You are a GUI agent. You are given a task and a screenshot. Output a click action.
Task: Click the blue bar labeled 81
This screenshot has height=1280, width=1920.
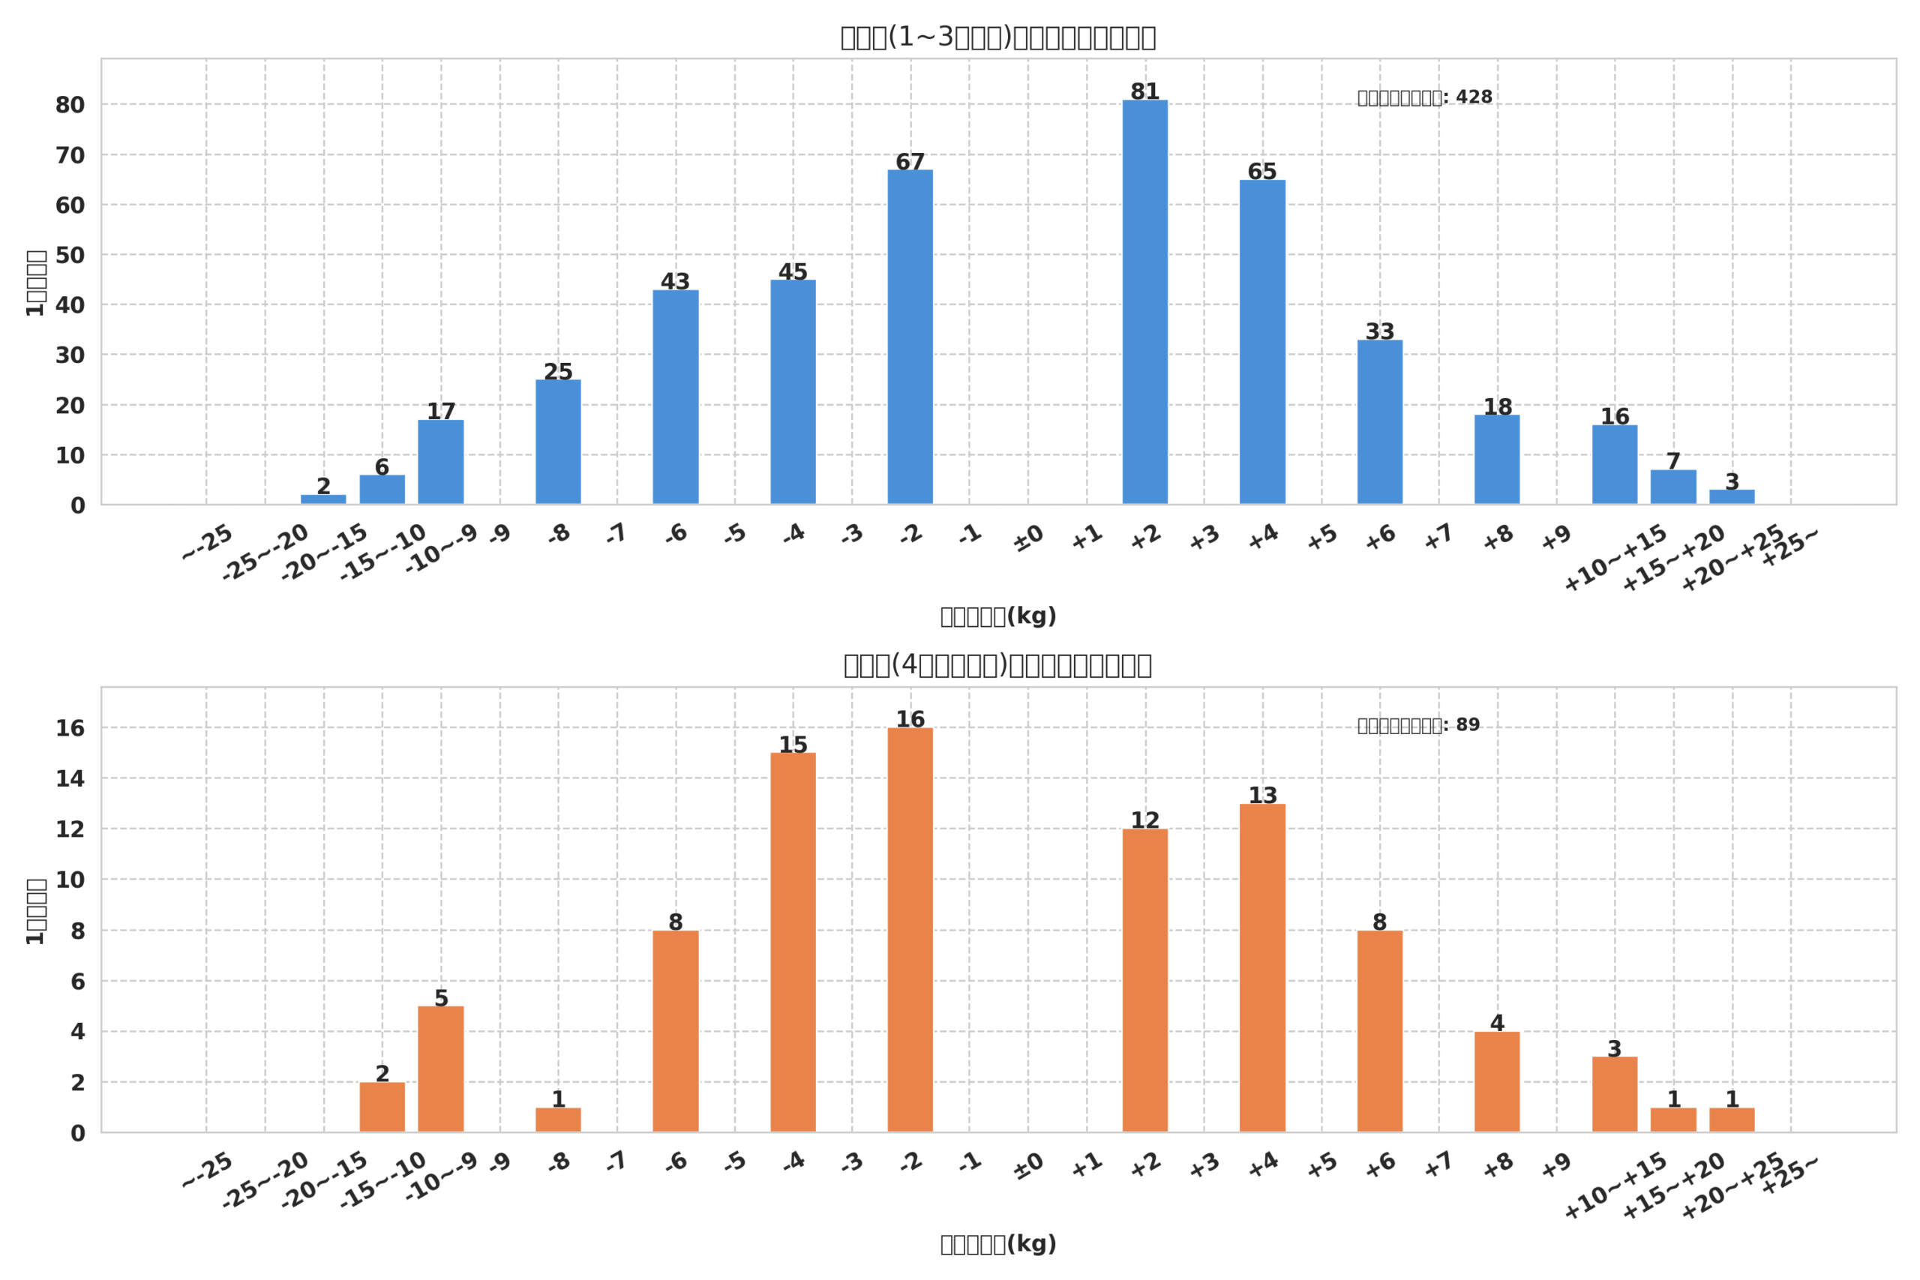tap(1144, 302)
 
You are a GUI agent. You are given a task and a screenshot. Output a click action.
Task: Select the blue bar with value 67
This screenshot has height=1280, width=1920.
tap(910, 337)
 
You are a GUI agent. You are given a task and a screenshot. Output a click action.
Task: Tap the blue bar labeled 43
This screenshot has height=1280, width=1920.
tap(675, 397)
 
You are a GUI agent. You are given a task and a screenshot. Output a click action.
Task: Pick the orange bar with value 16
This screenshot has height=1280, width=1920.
tap(910, 930)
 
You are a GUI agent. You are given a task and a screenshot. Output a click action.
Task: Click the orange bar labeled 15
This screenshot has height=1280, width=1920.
tap(793, 942)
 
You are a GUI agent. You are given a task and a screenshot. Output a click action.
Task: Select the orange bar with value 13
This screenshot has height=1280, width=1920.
tap(1262, 968)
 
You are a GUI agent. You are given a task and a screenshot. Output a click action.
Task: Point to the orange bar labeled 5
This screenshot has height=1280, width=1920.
tap(441, 1069)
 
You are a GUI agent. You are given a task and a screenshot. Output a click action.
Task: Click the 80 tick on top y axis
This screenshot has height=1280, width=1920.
tap(70, 105)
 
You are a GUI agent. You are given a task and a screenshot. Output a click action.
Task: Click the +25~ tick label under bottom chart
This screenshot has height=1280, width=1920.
tap(1789, 1177)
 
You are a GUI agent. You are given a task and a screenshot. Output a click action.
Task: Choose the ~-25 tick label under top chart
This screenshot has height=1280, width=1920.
tap(207, 544)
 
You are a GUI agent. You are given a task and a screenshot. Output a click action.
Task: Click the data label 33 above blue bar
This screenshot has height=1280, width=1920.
tap(1379, 331)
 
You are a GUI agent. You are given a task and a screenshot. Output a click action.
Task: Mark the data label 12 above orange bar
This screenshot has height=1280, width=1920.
tap(1144, 820)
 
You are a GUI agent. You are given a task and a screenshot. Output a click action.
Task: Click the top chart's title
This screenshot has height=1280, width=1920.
tap(997, 37)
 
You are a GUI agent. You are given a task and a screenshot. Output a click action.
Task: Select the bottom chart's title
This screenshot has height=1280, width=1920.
tap(997, 665)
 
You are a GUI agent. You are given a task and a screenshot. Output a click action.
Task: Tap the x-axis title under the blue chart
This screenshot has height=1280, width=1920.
tap(997, 616)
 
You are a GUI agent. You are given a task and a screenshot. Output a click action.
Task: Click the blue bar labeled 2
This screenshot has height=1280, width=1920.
tap(323, 499)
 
